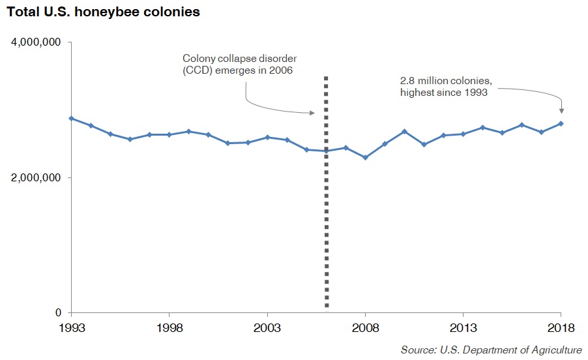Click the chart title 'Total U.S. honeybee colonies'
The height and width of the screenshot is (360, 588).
(x=103, y=12)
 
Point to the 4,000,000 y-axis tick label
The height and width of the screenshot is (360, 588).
(x=36, y=42)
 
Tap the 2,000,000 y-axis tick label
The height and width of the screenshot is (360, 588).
(x=36, y=177)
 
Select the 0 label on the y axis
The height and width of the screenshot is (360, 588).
(x=58, y=312)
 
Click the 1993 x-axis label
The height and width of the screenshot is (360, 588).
(x=72, y=328)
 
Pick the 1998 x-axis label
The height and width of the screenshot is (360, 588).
(x=169, y=328)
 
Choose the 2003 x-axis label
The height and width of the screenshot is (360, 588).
(x=267, y=328)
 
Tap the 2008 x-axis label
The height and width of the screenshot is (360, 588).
(x=365, y=328)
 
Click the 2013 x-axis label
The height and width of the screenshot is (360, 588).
(x=463, y=328)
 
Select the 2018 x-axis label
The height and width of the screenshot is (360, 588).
(x=561, y=328)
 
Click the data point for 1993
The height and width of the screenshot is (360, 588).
(x=72, y=119)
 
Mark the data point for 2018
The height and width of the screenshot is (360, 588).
(x=561, y=123)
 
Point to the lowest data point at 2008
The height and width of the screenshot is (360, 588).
(x=365, y=158)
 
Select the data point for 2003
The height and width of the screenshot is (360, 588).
(x=267, y=137)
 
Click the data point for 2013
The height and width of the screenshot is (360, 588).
(x=463, y=134)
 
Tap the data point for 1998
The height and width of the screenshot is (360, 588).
(x=169, y=134)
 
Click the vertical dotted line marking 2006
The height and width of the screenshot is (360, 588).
(x=326, y=194)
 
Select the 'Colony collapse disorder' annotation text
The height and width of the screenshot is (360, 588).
(x=239, y=59)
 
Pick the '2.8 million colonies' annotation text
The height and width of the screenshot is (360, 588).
(x=446, y=81)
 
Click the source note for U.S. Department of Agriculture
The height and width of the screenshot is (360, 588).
(x=492, y=350)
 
